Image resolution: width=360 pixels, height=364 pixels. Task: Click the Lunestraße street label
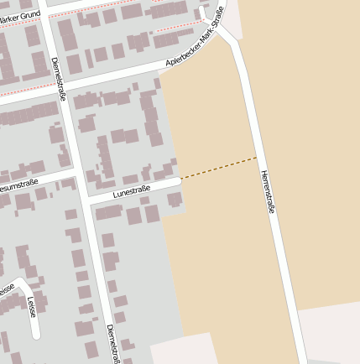point(131,192)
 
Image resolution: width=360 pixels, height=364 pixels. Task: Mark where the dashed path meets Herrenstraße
point(257,157)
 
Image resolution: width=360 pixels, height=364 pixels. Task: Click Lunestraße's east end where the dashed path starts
point(180,179)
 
